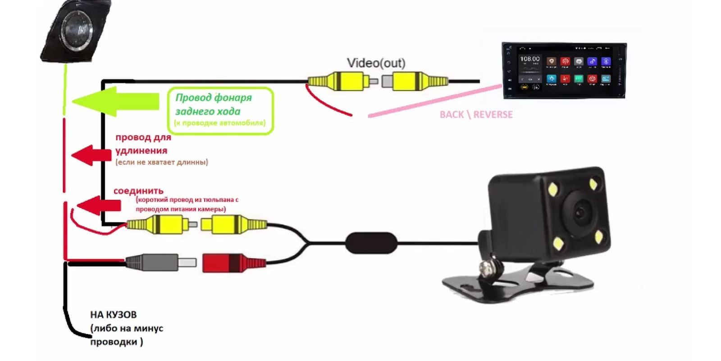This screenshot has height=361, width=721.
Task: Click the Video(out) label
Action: pos(376,63)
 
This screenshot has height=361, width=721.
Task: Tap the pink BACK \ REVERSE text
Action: pos(476,115)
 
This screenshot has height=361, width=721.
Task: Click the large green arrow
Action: pos(115,102)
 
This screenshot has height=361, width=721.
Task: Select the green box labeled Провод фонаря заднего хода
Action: pos(220,111)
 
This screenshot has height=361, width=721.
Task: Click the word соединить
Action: pos(138,191)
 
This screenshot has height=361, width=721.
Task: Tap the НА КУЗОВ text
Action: pos(114,315)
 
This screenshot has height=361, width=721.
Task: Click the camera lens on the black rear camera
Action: pos(581,211)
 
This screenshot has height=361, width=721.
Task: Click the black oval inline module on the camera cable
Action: pos(371,243)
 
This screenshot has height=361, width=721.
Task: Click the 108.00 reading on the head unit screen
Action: pos(529,59)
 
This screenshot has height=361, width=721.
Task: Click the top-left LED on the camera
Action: pos(552,189)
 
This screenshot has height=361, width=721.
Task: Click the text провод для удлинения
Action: pos(143,143)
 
